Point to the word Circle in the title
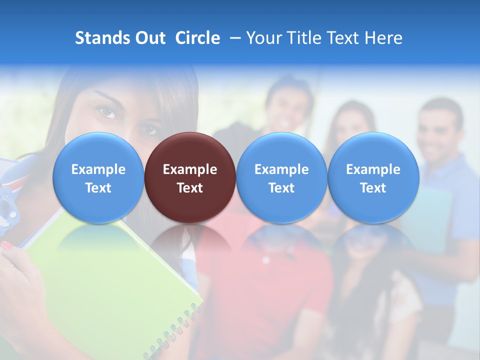[x=197, y=38]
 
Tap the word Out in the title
[x=150, y=38]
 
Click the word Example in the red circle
[x=190, y=169]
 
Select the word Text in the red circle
[x=190, y=188]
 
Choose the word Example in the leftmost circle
[x=98, y=169]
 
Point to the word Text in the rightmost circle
[x=373, y=188]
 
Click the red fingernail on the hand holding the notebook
[x=7, y=245]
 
